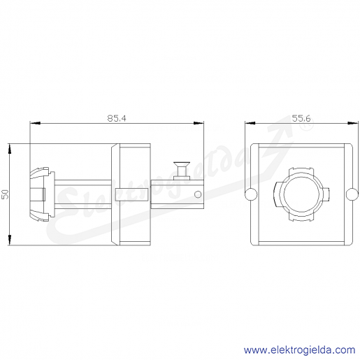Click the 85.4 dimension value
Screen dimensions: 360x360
pyautogui.click(x=117, y=118)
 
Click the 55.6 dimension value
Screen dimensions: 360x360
pyautogui.click(x=301, y=118)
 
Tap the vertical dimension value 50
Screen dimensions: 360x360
pyautogui.click(x=5, y=194)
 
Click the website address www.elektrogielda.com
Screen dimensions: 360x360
pyautogui.click(x=299, y=350)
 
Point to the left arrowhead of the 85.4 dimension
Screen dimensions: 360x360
pyautogui.click(x=35, y=123)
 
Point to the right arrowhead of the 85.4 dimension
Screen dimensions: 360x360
pyautogui.click(x=199, y=123)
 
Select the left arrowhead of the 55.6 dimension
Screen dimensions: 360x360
pyautogui.click(x=250, y=123)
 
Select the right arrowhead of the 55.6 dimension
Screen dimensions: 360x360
pyautogui.click(x=353, y=123)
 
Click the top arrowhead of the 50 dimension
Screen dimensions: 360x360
pyautogui.click(x=10, y=149)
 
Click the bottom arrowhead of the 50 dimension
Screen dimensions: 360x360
pyautogui.click(x=10, y=240)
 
